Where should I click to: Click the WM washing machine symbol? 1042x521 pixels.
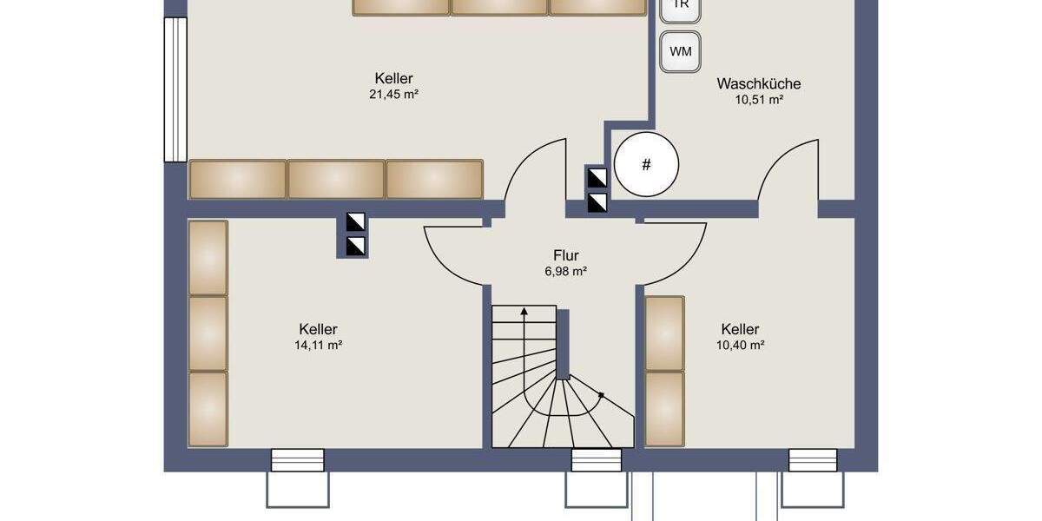click(681, 51)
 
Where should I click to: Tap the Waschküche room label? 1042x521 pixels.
click(758, 84)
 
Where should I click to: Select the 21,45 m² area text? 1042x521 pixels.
click(393, 94)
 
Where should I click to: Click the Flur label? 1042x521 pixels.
click(565, 256)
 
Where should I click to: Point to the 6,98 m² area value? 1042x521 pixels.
click(565, 272)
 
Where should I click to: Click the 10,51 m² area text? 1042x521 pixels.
click(759, 100)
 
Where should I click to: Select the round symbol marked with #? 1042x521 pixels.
click(646, 164)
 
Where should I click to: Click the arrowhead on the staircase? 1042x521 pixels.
click(524, 311)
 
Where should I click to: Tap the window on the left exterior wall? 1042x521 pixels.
click(175, 89)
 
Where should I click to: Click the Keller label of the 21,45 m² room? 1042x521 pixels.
click(393, 78)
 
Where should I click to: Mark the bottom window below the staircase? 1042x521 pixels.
click(596, 460)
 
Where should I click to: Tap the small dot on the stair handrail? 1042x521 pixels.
click(601, 394)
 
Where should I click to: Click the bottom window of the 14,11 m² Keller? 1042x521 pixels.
click(297, 460)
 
